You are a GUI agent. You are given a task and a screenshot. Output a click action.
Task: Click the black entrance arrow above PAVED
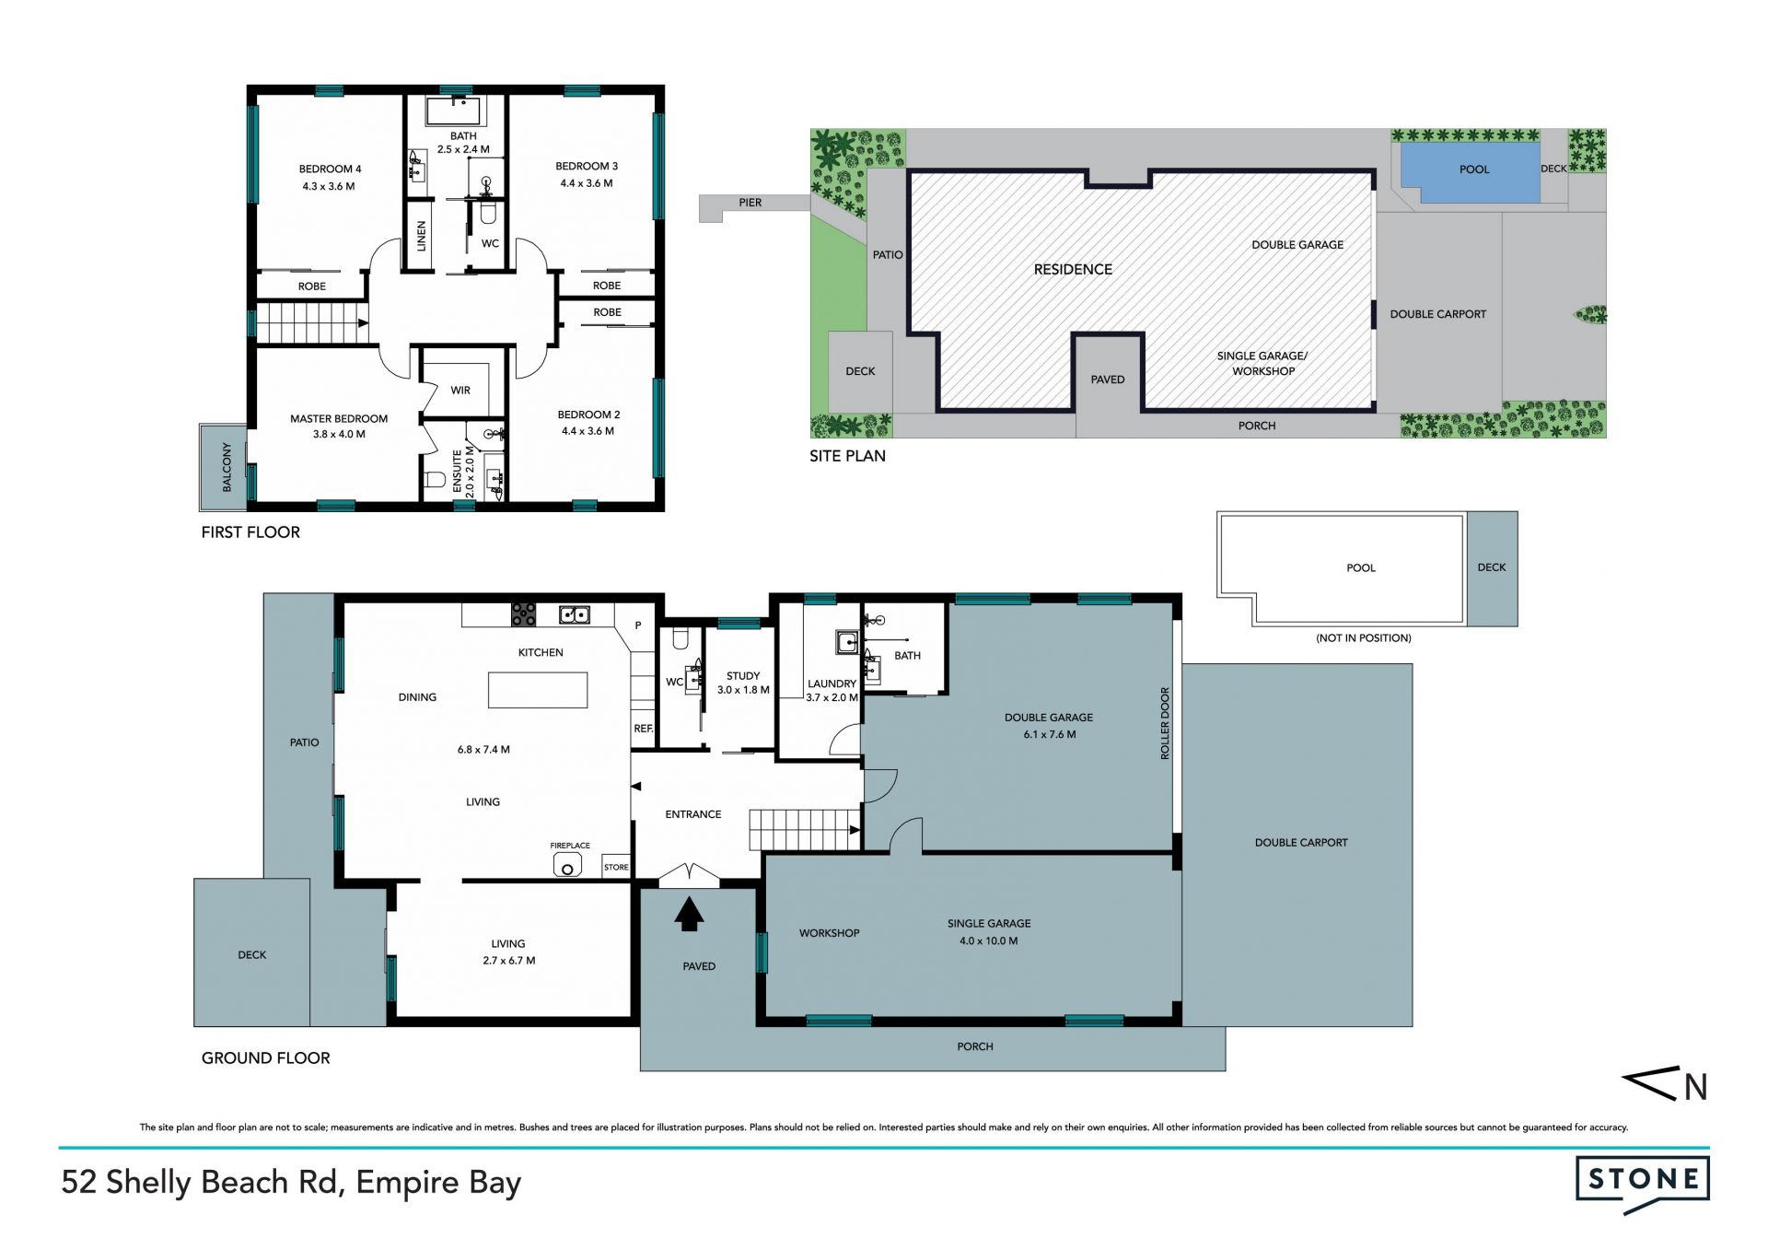pyautogui.click(x=689, y=915)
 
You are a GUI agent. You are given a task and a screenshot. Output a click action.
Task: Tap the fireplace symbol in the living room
pyautogui.click(x=567, y=866)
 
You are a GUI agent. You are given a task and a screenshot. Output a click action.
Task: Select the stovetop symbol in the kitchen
pyautogui.click(x=524, y=614)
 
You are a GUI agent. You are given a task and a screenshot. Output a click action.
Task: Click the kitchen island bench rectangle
pyautogui.click(x=538, y=690)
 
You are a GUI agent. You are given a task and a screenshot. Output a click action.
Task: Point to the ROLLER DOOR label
pyautogui.click(x=1165, y=723)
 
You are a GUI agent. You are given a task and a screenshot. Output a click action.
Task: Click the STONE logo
pyautogui.click(x=1643, y=1184)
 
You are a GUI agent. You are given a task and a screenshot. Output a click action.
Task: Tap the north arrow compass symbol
pyautogui.click(x=1665, y=1085)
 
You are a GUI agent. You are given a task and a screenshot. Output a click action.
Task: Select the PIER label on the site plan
pyautogui.click(x=750, y=203)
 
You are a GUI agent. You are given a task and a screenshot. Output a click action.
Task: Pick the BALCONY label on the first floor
pyautogui.click(x=227, y=467)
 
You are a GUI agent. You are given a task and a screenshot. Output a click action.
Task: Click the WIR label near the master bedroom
pyautogui.click(x=460, y=391)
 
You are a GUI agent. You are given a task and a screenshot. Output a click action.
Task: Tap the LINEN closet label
pyautogui.click(x=422, y=236)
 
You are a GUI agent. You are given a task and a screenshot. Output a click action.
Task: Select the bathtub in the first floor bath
pyautogui.click(x=453, y=111)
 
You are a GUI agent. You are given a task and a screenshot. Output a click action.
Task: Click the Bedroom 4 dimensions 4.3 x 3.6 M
pyautogui.click(x=329, y=186)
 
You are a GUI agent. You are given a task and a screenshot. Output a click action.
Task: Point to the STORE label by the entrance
pyautogui.click(x=616, y=868)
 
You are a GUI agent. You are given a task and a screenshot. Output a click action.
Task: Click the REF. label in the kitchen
pyautogui.click(x=644, y=729)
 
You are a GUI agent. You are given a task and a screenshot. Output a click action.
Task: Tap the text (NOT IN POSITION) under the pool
pyautogui.click(x=1364, y=638)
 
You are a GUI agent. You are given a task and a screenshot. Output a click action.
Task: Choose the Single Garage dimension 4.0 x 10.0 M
pyautogui.click(x=989, y=941)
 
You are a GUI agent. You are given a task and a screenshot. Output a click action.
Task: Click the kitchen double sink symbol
pyautogui.click(x=575, y=614)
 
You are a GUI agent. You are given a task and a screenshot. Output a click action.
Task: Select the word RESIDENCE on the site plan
pyautogui.click(x=1073, y=270)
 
